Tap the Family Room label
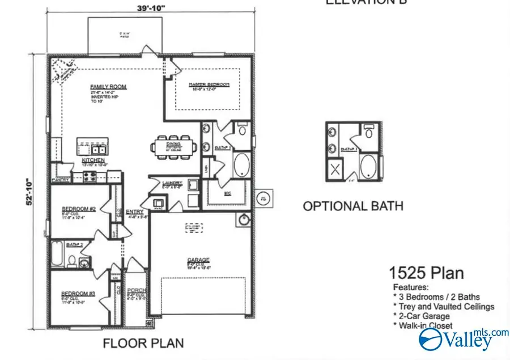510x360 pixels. click(x=108, y=87)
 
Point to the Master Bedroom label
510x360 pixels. click(x=210, y=84)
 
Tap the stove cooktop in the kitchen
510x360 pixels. click(x=91, y=176)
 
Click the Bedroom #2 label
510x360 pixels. click(x=78, y=209)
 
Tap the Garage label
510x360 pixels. click(x=195, y=261)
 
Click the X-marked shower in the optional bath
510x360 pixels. click(x=335, y=168)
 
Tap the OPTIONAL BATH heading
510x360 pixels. click(x=353, y=205)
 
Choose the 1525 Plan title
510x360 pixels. click(x=426, y=273)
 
